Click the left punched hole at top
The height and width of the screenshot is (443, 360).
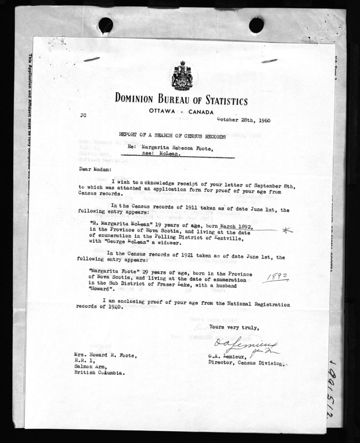click(105, 25)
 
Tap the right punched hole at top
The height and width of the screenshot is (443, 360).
click(256, 25)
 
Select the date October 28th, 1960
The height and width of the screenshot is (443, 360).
click(244, 120)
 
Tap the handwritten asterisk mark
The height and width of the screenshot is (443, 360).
click(288, 230)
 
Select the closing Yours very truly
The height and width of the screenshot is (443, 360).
click(231, 327)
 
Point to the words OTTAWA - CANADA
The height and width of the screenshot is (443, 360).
click(181, 112)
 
